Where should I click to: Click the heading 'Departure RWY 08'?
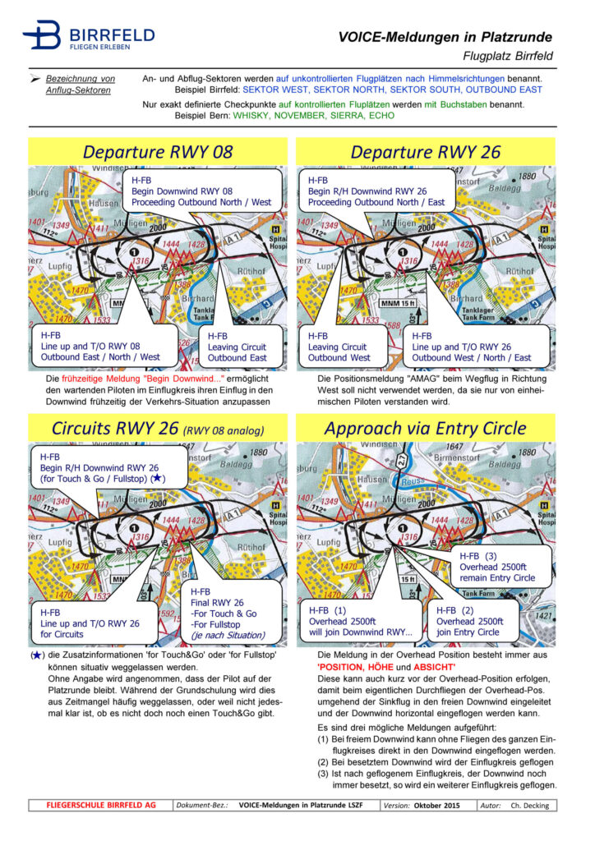[158, 152]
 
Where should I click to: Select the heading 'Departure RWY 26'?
[425, 152]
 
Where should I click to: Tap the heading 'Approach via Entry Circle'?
[425, 428]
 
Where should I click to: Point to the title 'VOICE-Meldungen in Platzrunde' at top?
[445, 37]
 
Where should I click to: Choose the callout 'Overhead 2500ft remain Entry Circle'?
[496, 567]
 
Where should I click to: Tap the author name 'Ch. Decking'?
[531, 806]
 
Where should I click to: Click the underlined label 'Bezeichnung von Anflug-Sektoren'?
[80, 84]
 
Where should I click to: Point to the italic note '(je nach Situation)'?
[228, 635]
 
